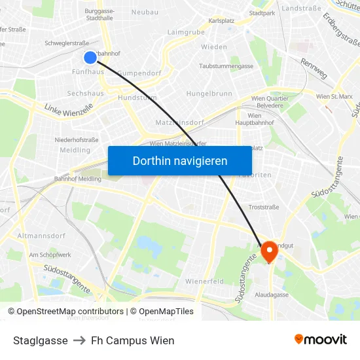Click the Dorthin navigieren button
[x=179, y=160]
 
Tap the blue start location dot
[x=90, y=57]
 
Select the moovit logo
[x=320, y=340]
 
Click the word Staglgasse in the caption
[x=41, y=340]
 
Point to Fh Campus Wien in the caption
[x=133, y=340]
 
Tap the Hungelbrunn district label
[x=209, y=94]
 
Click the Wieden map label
[x=214, y=47]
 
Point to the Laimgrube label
[x=186, y=31]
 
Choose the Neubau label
[x=145, y=12]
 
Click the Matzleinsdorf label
[x=180, y=122]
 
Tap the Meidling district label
[x=75, y=150]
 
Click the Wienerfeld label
[x=205, y=281]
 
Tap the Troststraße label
[x=264, y=207]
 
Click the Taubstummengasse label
[x=226, y=66]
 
